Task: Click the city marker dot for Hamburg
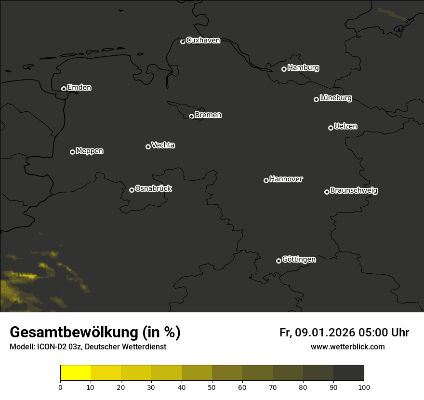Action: tap(284, 69)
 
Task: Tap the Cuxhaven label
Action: tap(203, 40)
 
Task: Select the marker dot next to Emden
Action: tap(64, 89)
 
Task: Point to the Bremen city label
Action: tap(208, 115)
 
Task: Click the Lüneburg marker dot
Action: tap(316, 99)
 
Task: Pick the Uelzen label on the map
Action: tap(345, 126)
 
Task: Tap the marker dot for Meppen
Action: tap(72, 152)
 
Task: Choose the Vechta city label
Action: tap(163, 145)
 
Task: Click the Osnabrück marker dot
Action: tap(132, 190)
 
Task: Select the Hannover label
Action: tap(286, 179)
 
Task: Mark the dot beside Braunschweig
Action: tap(327, 192)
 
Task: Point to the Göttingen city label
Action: tap(299, 259)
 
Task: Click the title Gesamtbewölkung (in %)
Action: tap(95, 333)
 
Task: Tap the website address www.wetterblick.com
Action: tap(348, 347)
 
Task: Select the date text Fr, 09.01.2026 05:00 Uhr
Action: tap(344, 333)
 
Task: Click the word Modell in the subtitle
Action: tap(21, 347)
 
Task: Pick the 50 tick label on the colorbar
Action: tap(212, 387)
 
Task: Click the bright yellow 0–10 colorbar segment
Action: tap(76, 373)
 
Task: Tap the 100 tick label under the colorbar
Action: tap(364, 387)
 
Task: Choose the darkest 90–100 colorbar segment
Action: tap(348, 373)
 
